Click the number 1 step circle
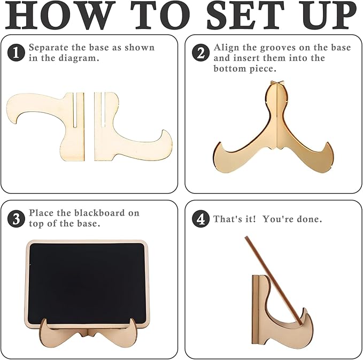[16, 52]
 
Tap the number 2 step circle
[200, 52]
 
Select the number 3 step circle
[16, 218]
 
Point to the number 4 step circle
[200, 219]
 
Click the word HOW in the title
[60, 15]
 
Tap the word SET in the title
[245, 15]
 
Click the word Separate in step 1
[49, 48]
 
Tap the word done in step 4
[310, 219]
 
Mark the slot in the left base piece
[75, 110]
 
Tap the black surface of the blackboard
[87, 283]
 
